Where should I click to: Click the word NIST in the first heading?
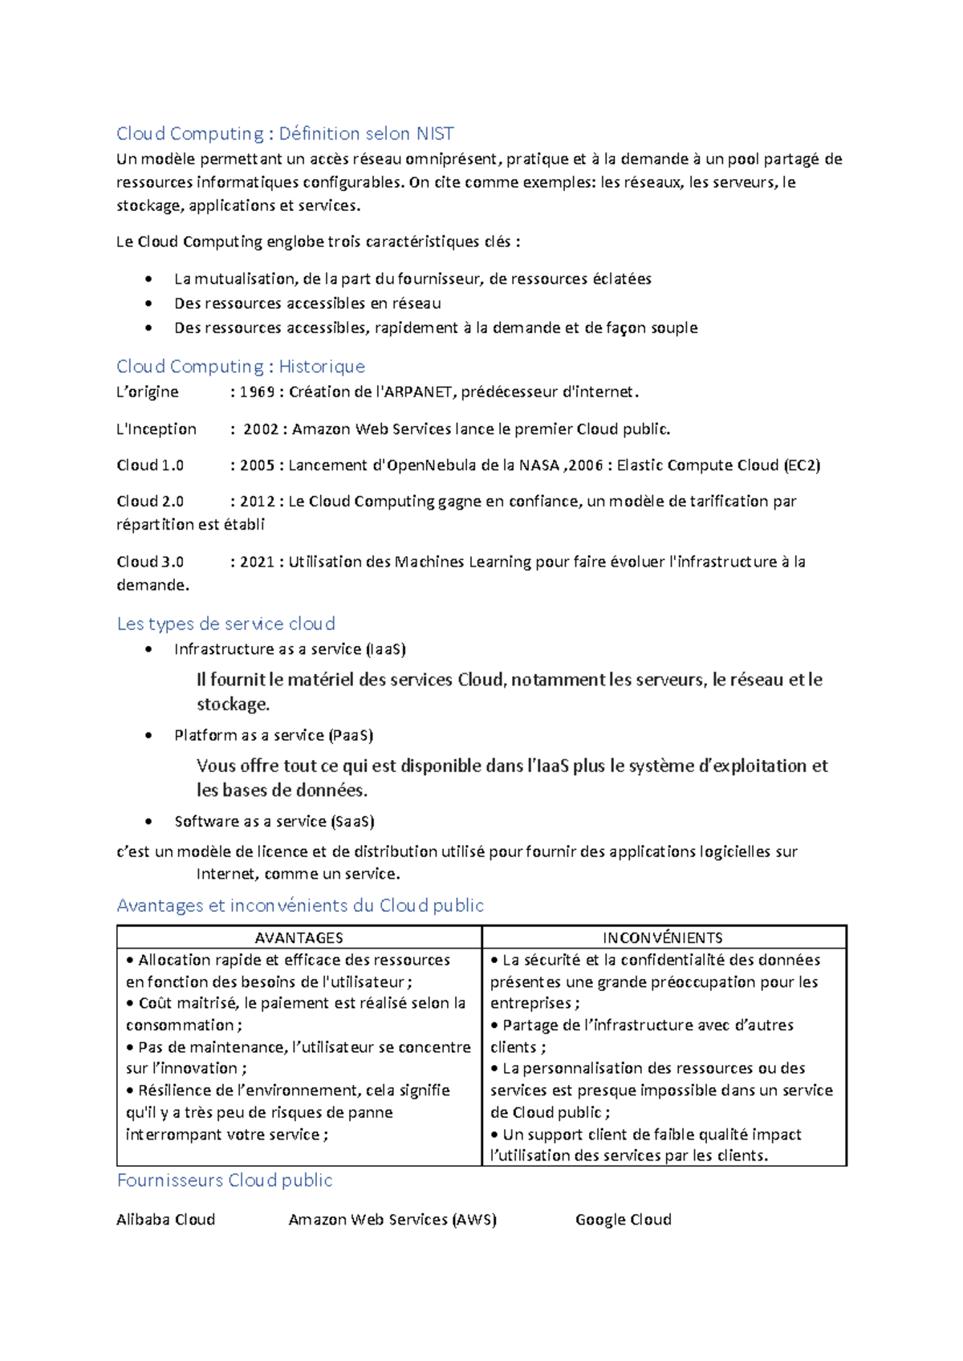[x=434, y=133]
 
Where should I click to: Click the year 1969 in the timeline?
[x=257, y=392]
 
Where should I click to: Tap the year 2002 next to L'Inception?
[x=260, y=429]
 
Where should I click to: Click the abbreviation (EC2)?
[x=802, y=465]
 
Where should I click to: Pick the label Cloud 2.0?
[x=150, y=502]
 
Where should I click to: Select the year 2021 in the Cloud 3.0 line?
[x=257, y=562]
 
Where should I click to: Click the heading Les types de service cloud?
[x=226, y=624]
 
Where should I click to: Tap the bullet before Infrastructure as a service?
[x=148, y=649]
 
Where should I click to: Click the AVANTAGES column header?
[x=299, y=937]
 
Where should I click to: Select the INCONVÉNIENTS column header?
[x=663, y=937]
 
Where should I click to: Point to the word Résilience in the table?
[x=174, y=1091]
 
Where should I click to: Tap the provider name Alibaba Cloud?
[x=165, y=1220]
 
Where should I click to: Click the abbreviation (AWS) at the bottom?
[x=474, y=1220]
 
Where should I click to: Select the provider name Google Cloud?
[x=623, y=1220]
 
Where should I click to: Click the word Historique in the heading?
[x=322, y=367]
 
